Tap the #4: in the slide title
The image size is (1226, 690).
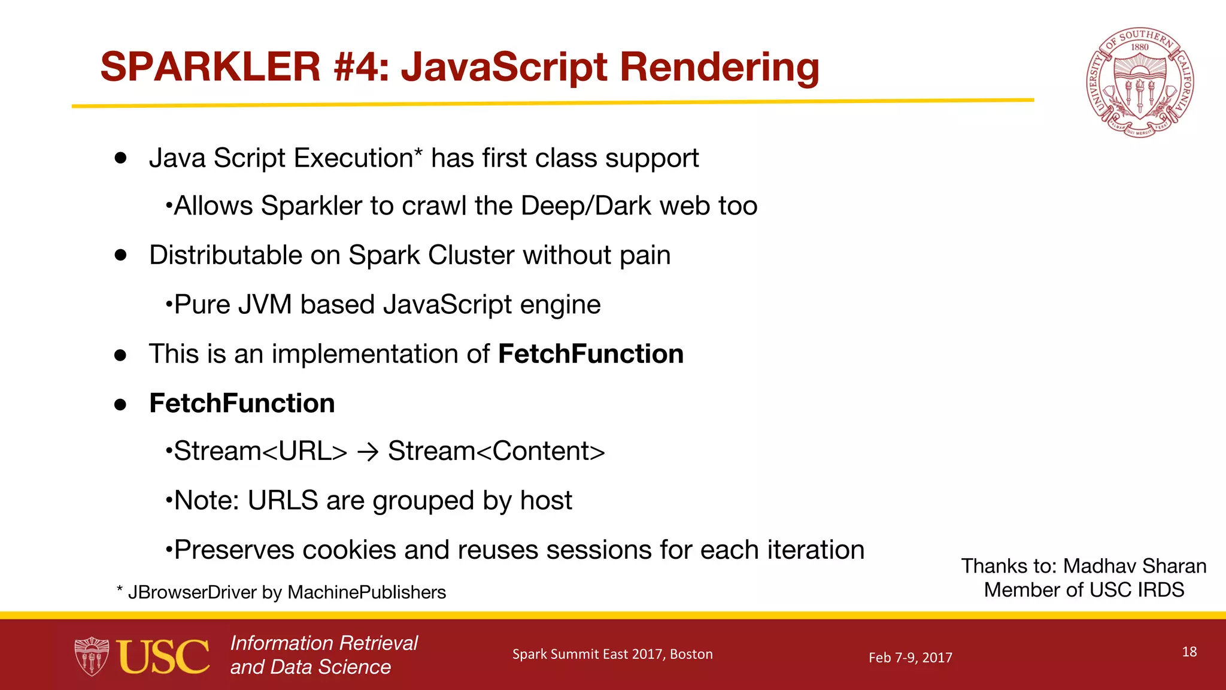(361, 66)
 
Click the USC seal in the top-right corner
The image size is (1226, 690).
(1140, 83)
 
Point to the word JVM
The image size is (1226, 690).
(265, 304)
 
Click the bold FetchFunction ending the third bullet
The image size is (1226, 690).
(590, 354)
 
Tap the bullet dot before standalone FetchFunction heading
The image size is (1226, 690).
(120, 404)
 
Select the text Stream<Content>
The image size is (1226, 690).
(496, 451)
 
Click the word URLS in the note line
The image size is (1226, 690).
(283, 501)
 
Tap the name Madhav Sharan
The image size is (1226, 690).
(1134, 566)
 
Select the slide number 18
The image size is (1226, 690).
(1189, 652)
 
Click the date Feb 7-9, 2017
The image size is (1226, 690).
(910, 658)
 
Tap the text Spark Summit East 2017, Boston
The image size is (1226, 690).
(612, 654)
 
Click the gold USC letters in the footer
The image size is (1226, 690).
(163, 656)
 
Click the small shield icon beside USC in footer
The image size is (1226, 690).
(92, 656)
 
